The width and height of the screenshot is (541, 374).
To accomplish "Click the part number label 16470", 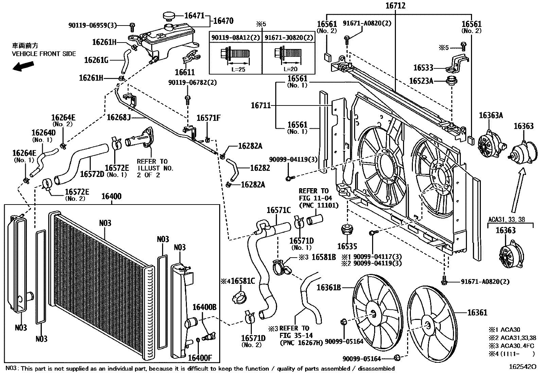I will (x=223, y=21).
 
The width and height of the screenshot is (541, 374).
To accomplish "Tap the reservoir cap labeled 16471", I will (x=168, y=16).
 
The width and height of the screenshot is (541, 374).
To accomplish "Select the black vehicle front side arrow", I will (x=23, y=66).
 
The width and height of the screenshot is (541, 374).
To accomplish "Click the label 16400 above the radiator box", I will (x=111, y=197).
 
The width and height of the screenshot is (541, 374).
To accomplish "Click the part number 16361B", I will (x=329, y=288).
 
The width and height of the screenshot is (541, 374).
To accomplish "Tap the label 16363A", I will (x=491, y=115).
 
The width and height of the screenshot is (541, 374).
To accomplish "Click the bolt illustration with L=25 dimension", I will (x=235, y=54).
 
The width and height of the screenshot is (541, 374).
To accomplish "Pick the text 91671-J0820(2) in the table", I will (x=289, y=37).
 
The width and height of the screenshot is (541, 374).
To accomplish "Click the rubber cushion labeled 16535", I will (x=347, y=230).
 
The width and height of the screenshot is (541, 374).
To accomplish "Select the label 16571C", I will (x=278, y=210).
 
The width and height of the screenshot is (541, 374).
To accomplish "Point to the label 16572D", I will (x=92, y=174).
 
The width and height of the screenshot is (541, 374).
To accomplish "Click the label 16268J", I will (x=119, y=117).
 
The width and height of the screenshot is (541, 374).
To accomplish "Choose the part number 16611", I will (x=185, y=72).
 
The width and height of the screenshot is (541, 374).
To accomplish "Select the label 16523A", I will (x=421, y=81).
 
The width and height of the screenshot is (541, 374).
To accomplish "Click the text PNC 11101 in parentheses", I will (x=319, y=205).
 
